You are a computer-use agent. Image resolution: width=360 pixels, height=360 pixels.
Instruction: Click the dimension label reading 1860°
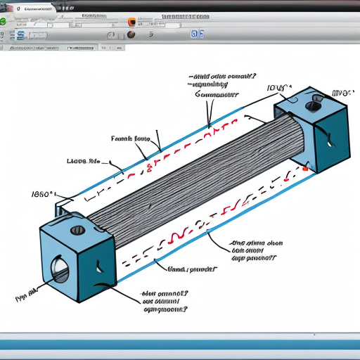[44, 193]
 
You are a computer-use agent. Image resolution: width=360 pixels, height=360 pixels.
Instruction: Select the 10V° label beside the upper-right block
[279, 88]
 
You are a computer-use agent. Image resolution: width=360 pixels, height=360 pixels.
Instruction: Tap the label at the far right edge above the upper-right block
[345, 92]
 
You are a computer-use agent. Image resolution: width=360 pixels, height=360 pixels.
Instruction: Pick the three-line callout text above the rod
[221, 84]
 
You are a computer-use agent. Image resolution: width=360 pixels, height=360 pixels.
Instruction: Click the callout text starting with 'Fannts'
[131, 139]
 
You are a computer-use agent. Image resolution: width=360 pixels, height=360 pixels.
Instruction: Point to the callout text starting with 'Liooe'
[82, 161]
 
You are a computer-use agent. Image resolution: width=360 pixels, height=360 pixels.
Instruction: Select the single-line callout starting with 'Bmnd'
[191, 269]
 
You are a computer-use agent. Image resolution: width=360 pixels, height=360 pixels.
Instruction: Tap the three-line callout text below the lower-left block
[165, 301]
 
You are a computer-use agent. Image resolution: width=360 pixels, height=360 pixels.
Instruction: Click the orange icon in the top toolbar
[131, 22]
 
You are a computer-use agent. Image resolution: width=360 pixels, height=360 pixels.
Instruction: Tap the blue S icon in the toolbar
[20, 35]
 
